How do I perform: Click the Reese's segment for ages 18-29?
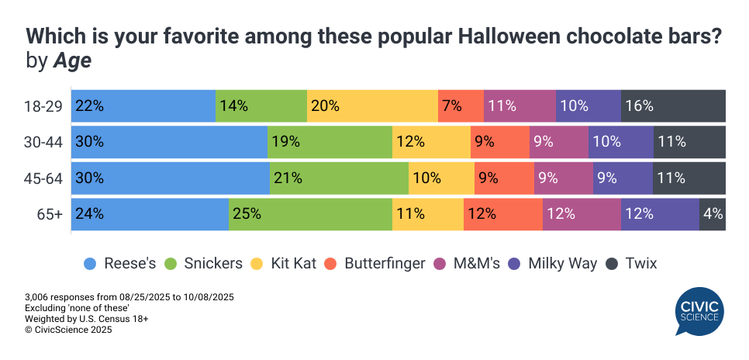[x=143, y=106]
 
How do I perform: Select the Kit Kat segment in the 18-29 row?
[x=372, y=106]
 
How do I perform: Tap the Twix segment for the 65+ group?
[x=713, y=214]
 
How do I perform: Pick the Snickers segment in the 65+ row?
[x=310, y=214]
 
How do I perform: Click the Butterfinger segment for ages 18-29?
[x=461, y=106]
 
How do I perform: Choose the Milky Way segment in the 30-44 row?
[x=620, y=142]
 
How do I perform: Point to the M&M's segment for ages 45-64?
[x=563, y=178]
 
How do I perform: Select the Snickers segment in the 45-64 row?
[x=339, y=178]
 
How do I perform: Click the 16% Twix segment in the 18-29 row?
[x=673, y=106]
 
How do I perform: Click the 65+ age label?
[x=48, y=214]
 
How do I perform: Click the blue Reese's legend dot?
[x=90, y=264]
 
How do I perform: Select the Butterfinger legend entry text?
[x=385, y=264]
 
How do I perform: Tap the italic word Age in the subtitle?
[x=72, y=61]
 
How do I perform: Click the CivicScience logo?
[x=699, y=312]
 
